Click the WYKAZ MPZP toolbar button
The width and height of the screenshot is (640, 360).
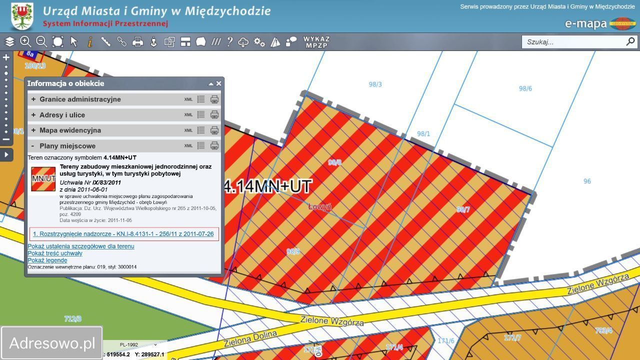coord(316,42)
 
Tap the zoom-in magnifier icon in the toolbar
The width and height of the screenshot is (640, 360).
coord(25,42)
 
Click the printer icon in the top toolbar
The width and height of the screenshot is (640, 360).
coord(137,42)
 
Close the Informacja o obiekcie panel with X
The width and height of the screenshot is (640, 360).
coord(218,83)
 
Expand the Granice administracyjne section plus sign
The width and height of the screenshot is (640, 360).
coord(33,99)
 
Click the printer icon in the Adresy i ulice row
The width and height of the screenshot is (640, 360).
coord(214,115)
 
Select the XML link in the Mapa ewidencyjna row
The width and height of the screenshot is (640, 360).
coord(188,130)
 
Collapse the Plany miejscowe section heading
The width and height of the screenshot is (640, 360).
coord(67,146)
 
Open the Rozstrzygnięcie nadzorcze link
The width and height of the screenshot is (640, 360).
coord(123,234)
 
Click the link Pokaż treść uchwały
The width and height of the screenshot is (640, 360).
coord(55,253)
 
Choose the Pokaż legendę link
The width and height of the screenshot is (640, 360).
coord(47,260)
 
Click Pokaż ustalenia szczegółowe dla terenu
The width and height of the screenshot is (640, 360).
coord(81,246)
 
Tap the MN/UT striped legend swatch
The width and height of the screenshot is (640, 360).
coord(43,178)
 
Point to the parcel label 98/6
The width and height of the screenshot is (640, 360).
coord(525,88)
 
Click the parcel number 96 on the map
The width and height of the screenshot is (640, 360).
coord(587,181)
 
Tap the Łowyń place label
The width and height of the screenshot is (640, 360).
coord(319,206)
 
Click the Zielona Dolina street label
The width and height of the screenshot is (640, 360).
coord(250,338)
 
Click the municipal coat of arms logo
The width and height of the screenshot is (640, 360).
coord(22,16)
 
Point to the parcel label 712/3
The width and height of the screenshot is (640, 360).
coord(72,318)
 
